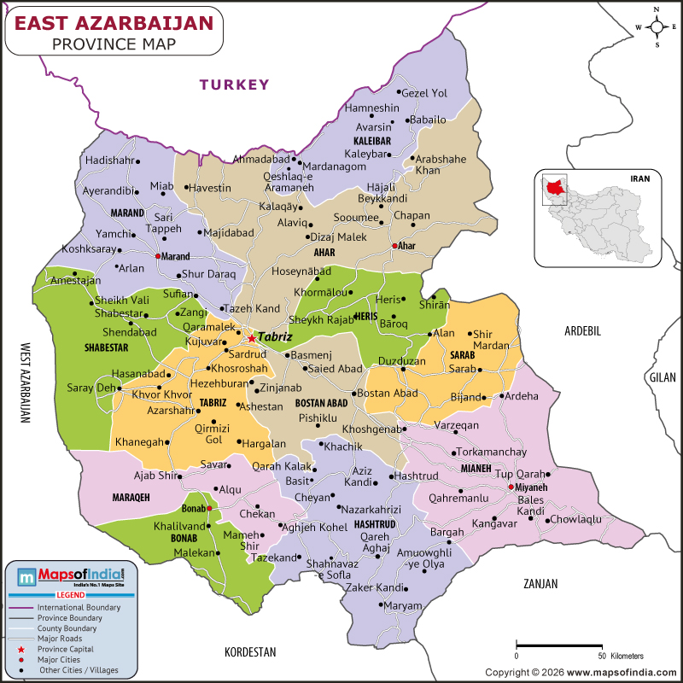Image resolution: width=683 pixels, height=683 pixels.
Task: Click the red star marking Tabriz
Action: tap(252, 338)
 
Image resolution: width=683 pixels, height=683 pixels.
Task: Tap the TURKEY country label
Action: tap(234, 85)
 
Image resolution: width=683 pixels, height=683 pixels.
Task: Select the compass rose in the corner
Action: tap(657, 26)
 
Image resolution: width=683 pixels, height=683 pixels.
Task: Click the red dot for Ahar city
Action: tap(394, 246)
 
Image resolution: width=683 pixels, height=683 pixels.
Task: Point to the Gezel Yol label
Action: tap(424, 93)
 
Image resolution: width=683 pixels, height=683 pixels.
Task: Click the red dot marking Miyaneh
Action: tap(511, 487)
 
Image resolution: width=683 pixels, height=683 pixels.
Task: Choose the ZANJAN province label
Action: tap(540, 584)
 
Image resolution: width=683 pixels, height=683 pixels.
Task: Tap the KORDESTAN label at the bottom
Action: tap(250, 651)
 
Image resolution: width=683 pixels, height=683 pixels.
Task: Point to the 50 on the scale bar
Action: tap(603, 656)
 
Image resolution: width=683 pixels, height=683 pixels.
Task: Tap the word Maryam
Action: tap(404, 605)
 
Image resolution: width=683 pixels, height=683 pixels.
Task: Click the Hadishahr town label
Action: tap(109, 161)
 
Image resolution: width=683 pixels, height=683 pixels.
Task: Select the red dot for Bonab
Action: tap(209, 508)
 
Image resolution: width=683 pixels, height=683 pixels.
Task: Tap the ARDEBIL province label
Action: tap(584, 330)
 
